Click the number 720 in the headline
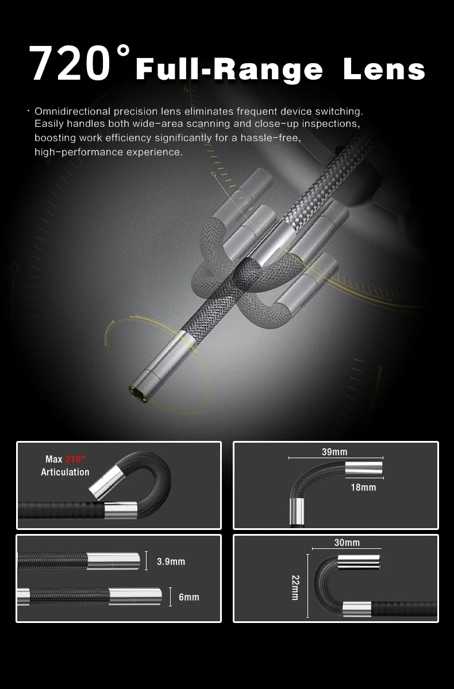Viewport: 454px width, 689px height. [x=70, y=64]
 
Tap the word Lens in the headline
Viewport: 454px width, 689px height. [x=384, y=69]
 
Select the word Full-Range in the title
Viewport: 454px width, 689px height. [x=229, y=71]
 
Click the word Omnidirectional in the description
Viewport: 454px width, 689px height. [x=72, y=111]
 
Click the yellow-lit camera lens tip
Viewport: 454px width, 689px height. [x=138, y=394]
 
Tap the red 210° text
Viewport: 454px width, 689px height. [x=75, y=459]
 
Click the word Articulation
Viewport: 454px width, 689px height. [x=65, y=472]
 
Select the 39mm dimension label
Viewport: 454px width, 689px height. [x=334, y=452]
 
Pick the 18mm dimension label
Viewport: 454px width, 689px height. [x=363, y=487]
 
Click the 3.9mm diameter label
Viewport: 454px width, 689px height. [x=171, y=562]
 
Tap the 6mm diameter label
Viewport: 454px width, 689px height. [x=188, y=597]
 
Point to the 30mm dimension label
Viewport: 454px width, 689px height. [x=347, y=543]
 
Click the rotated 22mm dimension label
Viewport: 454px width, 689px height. [x=295, y=588]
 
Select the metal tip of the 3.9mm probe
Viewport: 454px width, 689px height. [x=113, y=562]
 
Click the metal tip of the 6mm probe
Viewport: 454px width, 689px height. [x=136, y=597]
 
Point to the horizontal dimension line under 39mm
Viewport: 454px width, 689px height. [x=336, y=458]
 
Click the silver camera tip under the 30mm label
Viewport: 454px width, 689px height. [x=359, y=562]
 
